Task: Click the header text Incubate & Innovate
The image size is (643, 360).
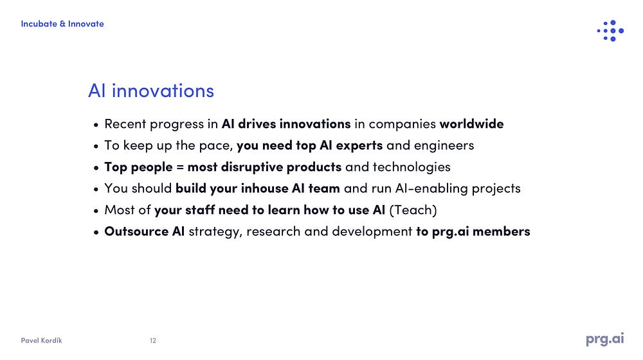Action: click(x=62, y=24)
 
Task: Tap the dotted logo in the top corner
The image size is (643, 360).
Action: click(x=611, y=31)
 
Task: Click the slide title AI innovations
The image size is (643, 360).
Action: click(x=151, y=91)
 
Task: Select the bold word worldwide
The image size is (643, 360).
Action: click(x=471, y=123)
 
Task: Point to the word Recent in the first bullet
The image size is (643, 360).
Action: click(x=125, y=124)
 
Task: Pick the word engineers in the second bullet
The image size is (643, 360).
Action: click(x=444, y=146)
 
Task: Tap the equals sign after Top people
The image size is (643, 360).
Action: click(x=180, y=167)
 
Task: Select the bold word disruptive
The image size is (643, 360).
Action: click(x=252, y=167)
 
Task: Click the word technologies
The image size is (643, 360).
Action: click(x=412, y=167)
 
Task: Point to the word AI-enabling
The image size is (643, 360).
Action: click(x=431, y=188)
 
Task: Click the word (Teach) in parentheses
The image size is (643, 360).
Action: click(x=413, y=210)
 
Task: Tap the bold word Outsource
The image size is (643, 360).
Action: click(x=136, y=231)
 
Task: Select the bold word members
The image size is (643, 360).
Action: click(x=501, y=231)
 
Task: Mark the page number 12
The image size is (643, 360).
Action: click(x=153, y=341)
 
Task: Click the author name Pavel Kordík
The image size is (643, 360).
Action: click(x=41, y=340)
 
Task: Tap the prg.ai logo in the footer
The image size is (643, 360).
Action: click(x=605, y=339)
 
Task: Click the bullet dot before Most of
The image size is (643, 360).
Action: click(x=96, y=211)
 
